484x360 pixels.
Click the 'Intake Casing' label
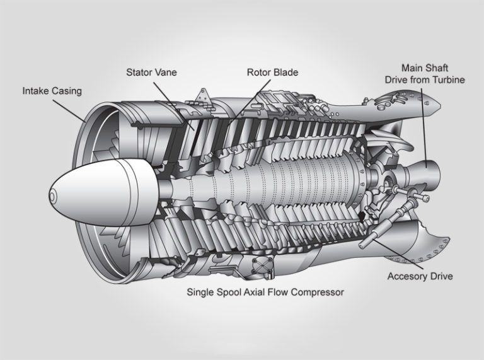point(52,91)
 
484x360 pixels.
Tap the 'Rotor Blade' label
point(272,73)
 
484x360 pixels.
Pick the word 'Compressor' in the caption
point(318,293)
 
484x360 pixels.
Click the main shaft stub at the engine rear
point(429,170)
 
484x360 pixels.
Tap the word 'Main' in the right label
point(413,67)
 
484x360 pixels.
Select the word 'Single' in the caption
point(201,293)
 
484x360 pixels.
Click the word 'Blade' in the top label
point(285,73)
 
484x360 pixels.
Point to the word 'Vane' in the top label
point(166,73)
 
